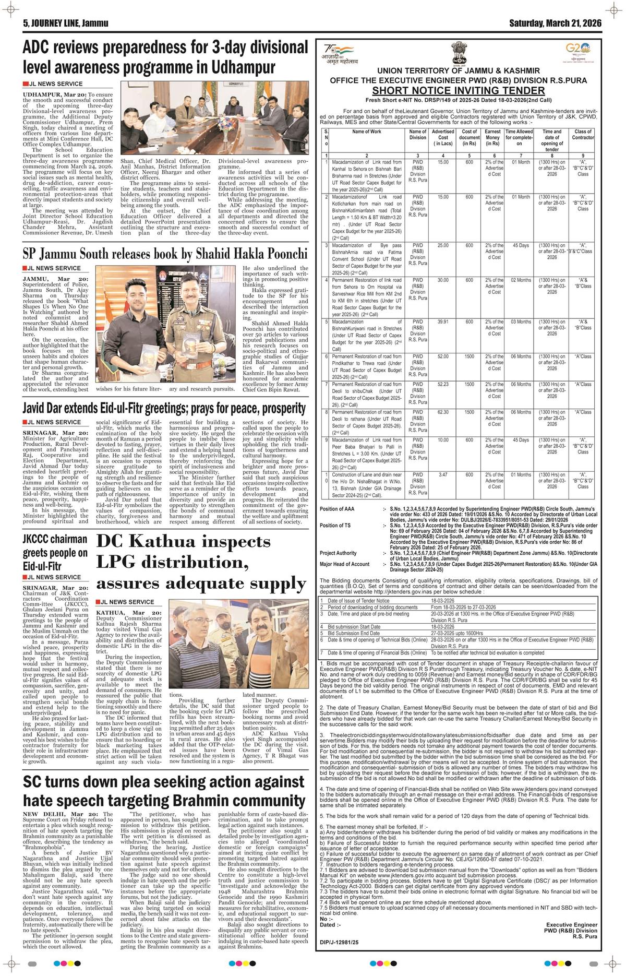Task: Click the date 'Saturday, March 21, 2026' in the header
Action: point(555,23)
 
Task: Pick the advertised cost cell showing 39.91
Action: point(443,322)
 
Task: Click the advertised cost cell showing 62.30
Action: point(443,412)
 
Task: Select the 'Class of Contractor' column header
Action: point(583,135)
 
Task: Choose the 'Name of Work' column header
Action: point(367,132)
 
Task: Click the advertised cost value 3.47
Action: point(443,475)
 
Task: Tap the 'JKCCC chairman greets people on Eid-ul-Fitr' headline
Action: point(55,551)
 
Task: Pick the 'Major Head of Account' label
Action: point(345,564)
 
